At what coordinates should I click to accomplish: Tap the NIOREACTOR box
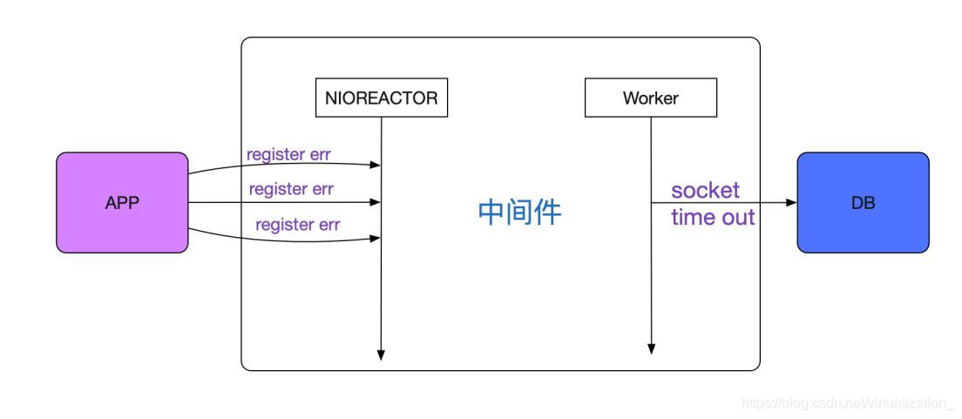click(x=382, y=98)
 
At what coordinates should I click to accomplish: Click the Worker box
click(x=650, y=98)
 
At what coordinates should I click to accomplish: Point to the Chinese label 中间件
click(x=519, y=212)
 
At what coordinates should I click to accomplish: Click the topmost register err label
click(x=288, y=154)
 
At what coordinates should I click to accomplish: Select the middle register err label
click(x=291, y=188)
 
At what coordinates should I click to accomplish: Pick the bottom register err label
click(x=297, y=224)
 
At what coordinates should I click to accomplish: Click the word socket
click(x=705, y=190)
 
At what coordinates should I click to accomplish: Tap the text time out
click(x=713, y=217)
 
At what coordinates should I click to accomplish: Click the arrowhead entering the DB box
click(x=791, y=203)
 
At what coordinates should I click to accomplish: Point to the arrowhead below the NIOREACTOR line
click(x=382, y=355)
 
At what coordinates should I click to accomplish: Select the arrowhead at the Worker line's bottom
click(x=651, y=348)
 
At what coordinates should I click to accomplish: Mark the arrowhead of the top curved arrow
click(x=376, y=165)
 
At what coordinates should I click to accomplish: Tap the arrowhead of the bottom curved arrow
click(x=376, y=237)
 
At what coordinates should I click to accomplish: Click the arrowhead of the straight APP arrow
click(x=376, y=202)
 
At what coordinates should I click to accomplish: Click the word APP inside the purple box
click(x=122, y=203)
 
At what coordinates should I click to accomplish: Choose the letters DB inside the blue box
click(x=863, y=203)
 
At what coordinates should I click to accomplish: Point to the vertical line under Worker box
click(x=651, y=261)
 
